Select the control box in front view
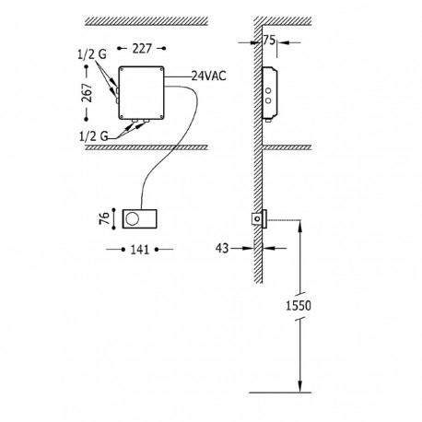(x=143, y=93)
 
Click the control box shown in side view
(x=269, y=93)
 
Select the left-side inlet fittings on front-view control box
(x=116, y=91)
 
